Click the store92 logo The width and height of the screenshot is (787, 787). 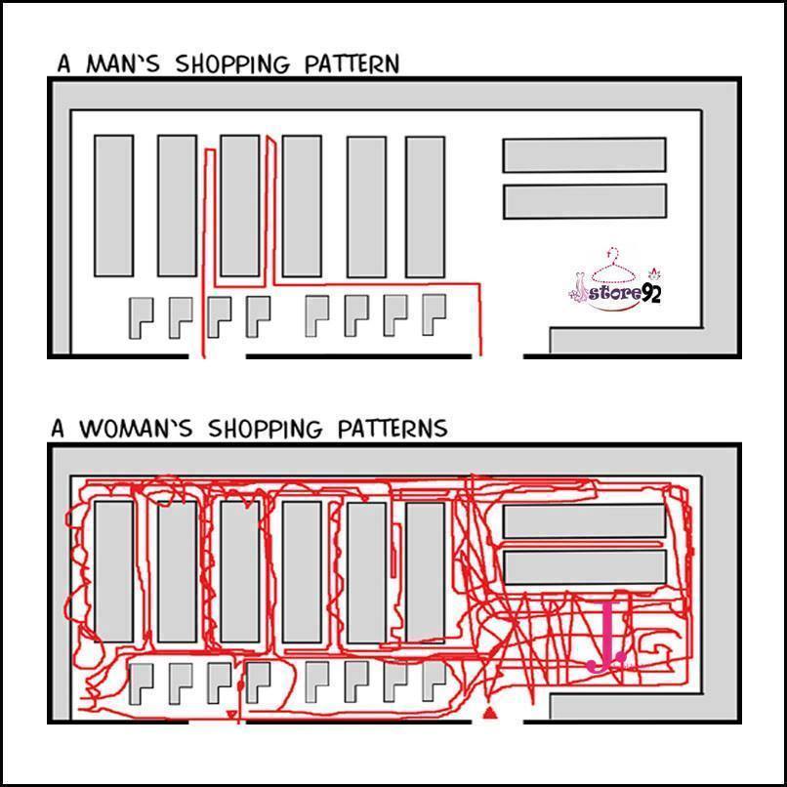click(x=615, y=283)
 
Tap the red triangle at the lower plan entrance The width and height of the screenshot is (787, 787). click(x=490, y=716)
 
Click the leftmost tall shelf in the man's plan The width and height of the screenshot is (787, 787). click(x=113, y=205)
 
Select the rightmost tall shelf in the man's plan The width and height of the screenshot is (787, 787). click(x=425, y=205)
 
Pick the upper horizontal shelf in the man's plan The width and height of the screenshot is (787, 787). click(x=584, y=154)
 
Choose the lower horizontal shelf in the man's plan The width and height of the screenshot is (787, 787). click(x=584, y=201)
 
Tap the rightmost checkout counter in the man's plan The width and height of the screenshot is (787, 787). click(x=432, y=314)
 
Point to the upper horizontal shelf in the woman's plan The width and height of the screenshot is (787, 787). click(x=584, y=520)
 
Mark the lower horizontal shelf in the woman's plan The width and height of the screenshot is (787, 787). click(x=584, y=566)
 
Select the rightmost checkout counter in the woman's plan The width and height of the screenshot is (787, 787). click(x=432, y=680)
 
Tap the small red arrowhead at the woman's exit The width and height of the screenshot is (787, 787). click(x=231, y=716)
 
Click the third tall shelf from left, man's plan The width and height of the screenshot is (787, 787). click(x=240, y=205)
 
